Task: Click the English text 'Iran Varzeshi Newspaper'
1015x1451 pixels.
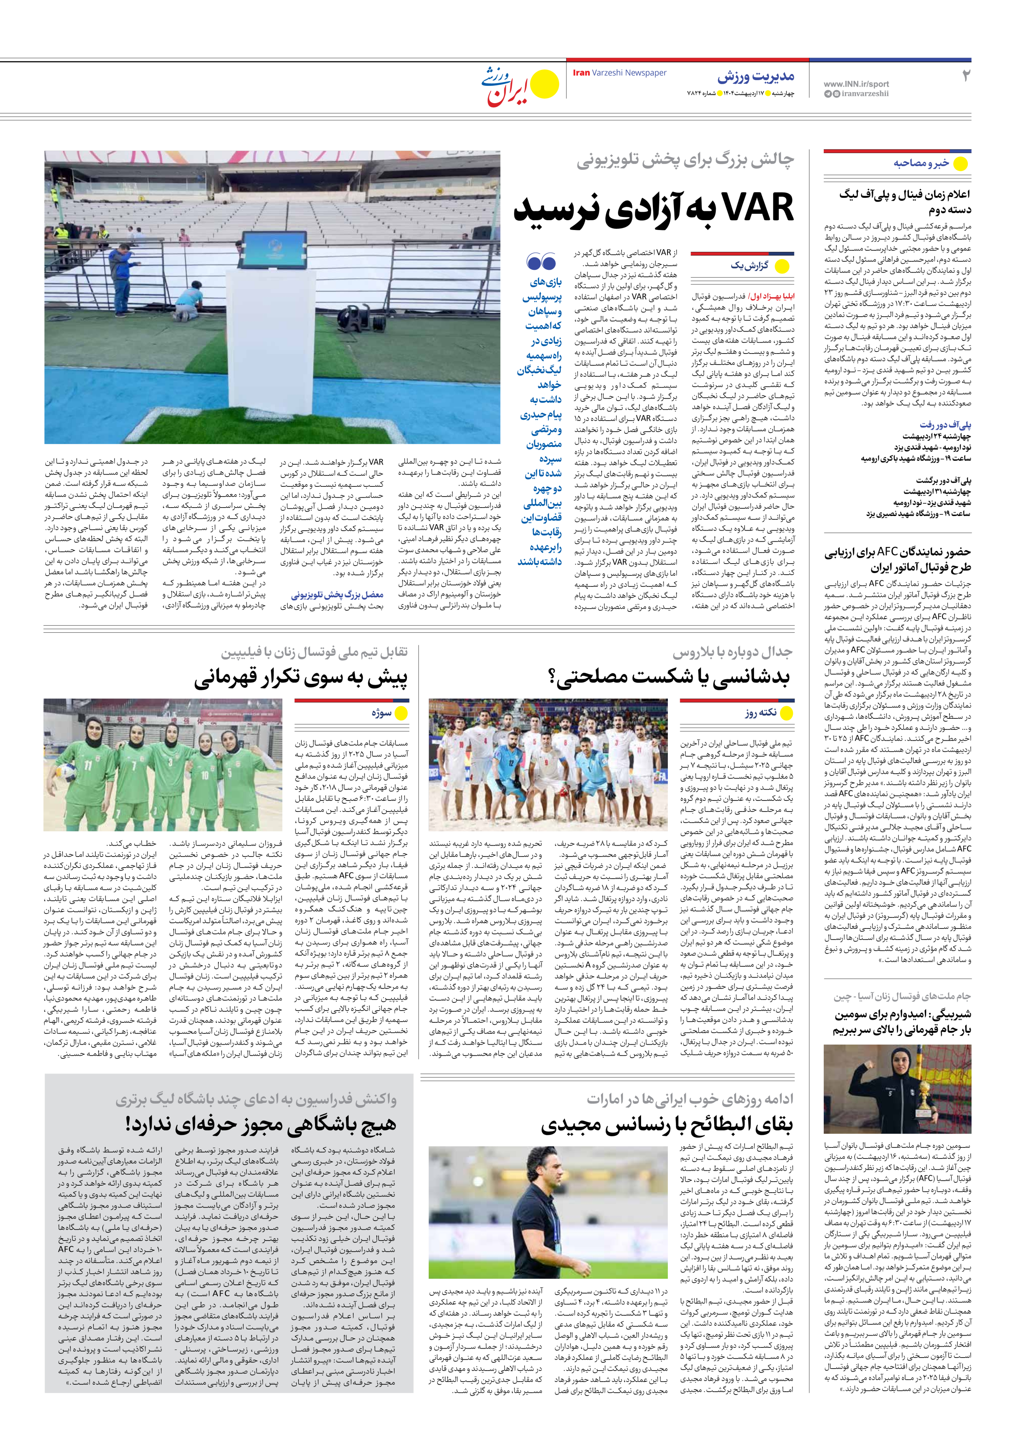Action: (619, 73)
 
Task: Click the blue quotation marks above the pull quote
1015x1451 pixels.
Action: (541, 261)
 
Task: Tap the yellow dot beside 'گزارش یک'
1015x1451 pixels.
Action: (782, 267)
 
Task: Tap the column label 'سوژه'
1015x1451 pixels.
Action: (382, 713)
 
